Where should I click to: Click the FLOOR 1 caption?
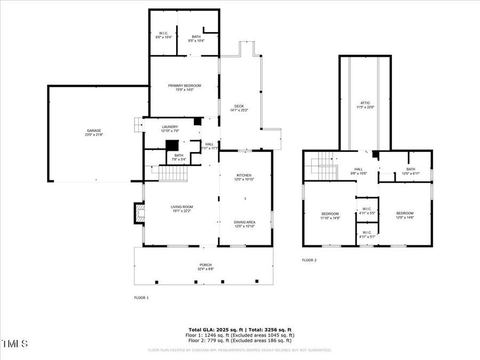tap(141, 298)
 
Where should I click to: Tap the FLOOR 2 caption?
tap(309, 260)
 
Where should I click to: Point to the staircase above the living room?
tap(172, 173)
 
